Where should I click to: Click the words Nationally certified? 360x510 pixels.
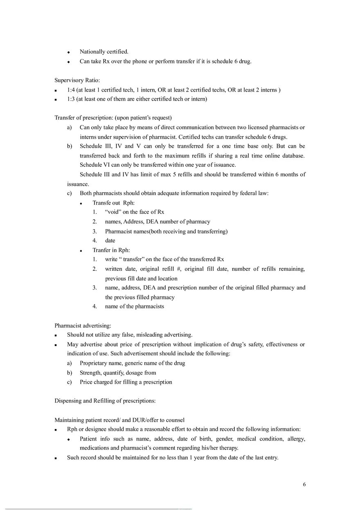coord(104,52)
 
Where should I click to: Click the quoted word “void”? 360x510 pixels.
coord(113,212)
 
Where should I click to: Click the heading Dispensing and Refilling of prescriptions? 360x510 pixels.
coord(105,401)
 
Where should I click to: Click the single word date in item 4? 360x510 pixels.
coord(110,240)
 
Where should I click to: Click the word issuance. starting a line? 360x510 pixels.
coord(78,184)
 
